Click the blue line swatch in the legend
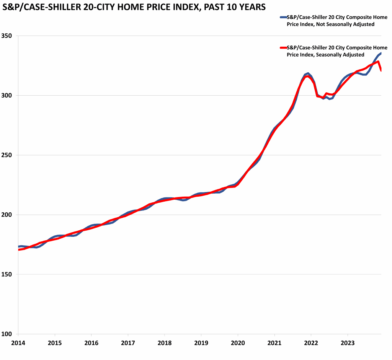click(283, 17)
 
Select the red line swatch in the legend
click(283, 48)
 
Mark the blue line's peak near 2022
click(308, 73)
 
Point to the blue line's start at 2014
click(19, 246)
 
